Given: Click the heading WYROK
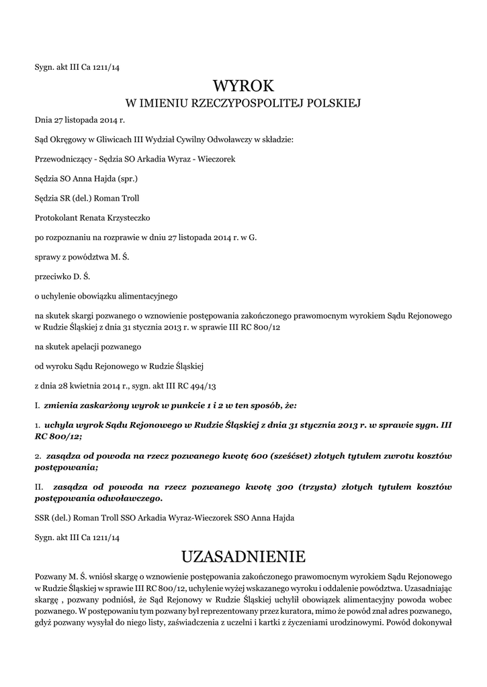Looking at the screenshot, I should click(x=243, y=86).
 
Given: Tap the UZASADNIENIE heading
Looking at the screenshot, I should click(x=243, y=557).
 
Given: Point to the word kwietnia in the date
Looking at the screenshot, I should click(x=86, y=386).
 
